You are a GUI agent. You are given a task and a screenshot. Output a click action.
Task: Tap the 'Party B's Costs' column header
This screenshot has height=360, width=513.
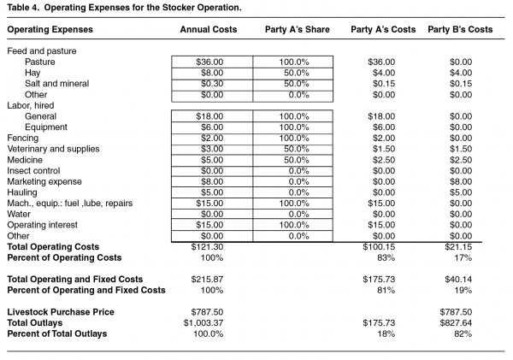460,30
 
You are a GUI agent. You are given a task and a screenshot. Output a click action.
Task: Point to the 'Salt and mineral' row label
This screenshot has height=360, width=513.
55,84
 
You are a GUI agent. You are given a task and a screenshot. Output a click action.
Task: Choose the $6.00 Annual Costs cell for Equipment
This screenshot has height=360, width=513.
211,127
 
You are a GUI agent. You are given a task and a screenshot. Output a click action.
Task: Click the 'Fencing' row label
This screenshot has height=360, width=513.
23,138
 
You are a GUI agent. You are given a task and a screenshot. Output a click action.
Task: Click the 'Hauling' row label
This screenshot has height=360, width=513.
22,192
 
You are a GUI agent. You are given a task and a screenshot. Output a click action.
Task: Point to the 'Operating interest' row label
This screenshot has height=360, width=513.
42,225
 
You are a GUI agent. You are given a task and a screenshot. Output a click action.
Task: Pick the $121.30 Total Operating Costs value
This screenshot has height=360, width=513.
209,246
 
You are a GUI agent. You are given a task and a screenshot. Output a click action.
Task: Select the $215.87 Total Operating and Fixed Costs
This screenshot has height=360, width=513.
209,280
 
